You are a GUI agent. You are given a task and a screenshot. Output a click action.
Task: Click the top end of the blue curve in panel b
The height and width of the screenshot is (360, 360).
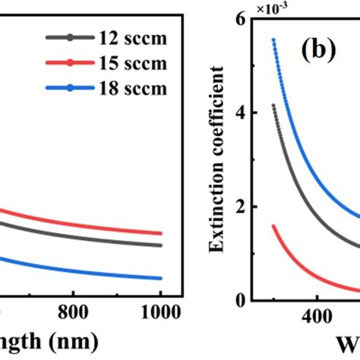coord(273,39)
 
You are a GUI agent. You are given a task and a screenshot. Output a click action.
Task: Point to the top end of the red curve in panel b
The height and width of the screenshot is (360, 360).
coord(273,226)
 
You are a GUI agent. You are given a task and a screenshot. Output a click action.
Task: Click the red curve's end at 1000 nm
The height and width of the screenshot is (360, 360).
coord(160,234)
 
